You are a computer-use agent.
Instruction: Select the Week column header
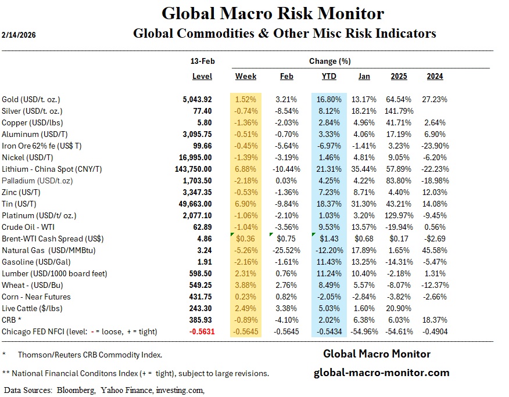pyautogui.click(x=246, y=76)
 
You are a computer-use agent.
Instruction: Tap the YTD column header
pyautogui.click(x=329, y=76)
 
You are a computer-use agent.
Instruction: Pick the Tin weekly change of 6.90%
pyautogui.click(x=246, y=204)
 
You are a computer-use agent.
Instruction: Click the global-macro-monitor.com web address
pyautogui.click(x=381, y=373)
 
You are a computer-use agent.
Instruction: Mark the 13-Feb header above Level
pyautogui.click(x=202, y=61)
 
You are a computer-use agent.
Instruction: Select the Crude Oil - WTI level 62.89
pyautogui.click(x=203, y=227)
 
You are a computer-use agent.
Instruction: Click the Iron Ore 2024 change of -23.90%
pyautogui.click(x=435, y=146)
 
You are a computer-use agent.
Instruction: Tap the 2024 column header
pyautogui.click(x=435, y=76)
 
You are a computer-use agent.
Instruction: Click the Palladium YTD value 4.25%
pyautogui.click(x=330, y=181)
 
